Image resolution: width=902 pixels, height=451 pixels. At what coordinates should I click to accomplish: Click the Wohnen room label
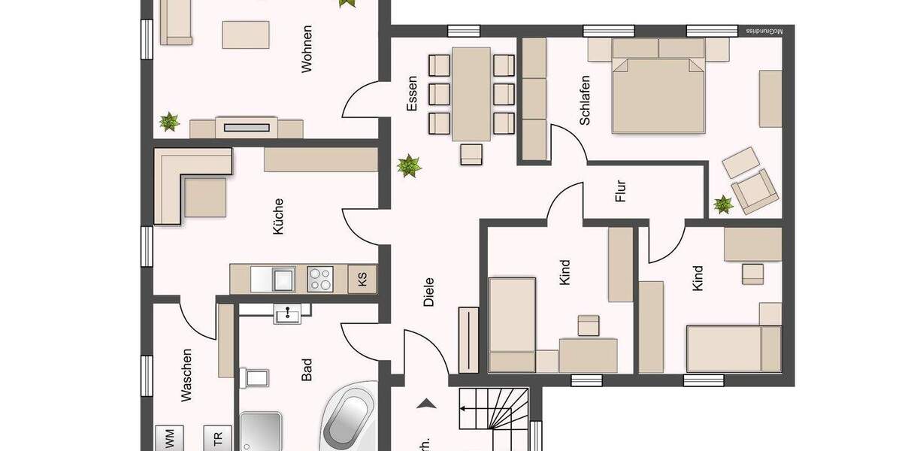point(307,49)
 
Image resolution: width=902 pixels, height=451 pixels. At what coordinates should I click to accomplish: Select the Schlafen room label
point(584,100)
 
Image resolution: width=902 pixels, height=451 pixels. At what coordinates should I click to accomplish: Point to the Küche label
point(279,216)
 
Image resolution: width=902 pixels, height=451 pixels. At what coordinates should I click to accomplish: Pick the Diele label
point(429,292)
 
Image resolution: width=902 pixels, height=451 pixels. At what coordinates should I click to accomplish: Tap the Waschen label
point(187,374)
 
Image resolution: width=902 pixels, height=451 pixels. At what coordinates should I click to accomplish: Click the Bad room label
point(307,369)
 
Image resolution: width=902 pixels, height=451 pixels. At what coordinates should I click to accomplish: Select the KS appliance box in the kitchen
point(362,280)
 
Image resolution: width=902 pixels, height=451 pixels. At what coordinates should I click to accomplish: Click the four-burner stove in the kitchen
point(320,279)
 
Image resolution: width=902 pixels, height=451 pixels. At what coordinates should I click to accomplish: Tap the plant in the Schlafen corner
point(723,204)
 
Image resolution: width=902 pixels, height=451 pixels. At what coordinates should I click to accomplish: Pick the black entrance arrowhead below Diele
point(427,404)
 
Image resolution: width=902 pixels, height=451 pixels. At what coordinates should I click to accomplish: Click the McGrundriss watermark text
point(764,32)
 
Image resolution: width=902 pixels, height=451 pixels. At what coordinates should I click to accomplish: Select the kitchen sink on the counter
point(283,279)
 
